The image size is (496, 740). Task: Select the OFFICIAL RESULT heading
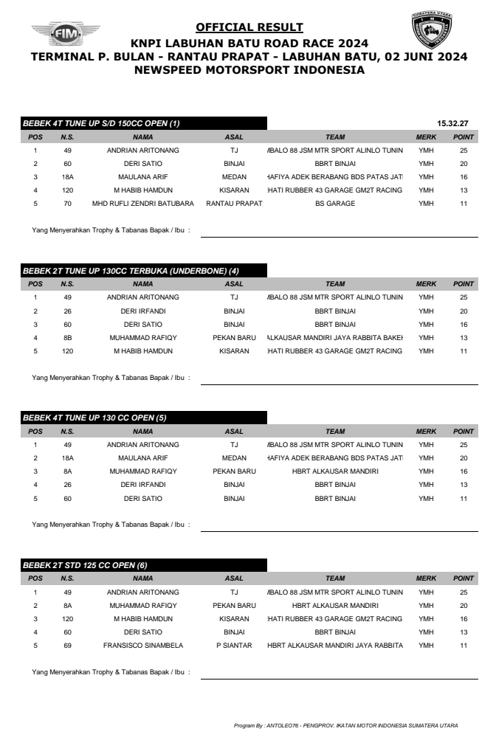249,28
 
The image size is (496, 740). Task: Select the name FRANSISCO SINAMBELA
142,646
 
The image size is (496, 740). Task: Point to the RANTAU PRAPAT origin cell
234,204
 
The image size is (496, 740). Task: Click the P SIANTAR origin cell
234,646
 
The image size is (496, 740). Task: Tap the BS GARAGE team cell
335,204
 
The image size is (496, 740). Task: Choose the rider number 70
67,204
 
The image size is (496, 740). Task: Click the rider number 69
67,646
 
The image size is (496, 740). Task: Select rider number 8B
67,338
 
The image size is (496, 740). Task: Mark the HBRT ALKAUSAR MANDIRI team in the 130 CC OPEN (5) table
335,471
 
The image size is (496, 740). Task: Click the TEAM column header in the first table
335,136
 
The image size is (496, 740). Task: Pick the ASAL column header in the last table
234,578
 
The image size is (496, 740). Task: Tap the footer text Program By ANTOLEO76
345,725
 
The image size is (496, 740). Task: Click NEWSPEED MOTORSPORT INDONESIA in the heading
249,71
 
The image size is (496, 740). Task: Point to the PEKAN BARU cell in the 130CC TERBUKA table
234,338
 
